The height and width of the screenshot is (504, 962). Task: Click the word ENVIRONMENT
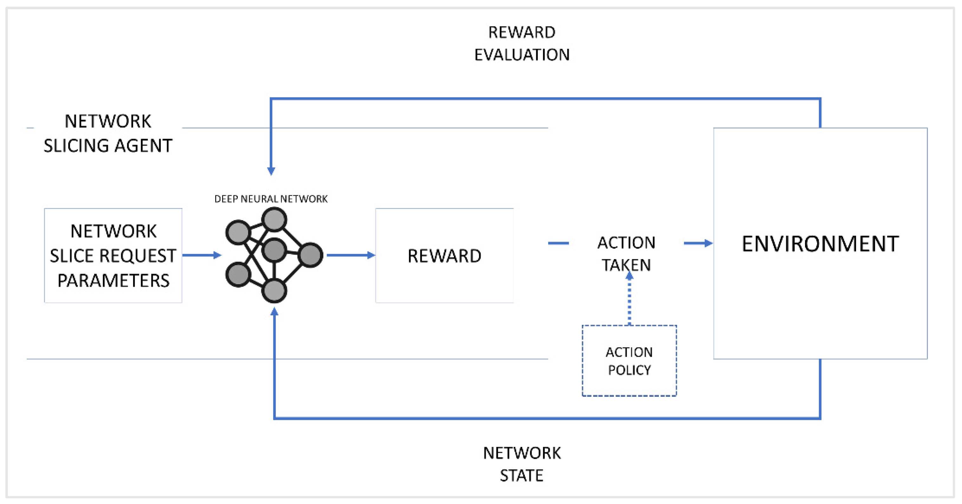820,244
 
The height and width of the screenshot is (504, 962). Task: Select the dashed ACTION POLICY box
629,361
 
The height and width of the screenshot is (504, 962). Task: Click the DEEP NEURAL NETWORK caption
271,199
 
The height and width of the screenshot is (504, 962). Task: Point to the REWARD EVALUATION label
522,44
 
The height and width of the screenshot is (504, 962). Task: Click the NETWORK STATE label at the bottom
522,464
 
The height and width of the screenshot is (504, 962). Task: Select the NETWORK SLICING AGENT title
108,134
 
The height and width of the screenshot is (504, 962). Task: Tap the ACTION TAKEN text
626,254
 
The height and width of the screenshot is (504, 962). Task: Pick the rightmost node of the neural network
310,255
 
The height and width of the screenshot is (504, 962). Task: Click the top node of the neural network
274,219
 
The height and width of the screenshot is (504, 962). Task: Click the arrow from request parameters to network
202,255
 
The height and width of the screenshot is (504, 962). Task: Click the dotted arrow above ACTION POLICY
629,299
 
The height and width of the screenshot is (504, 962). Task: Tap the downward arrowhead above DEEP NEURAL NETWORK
271,171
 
